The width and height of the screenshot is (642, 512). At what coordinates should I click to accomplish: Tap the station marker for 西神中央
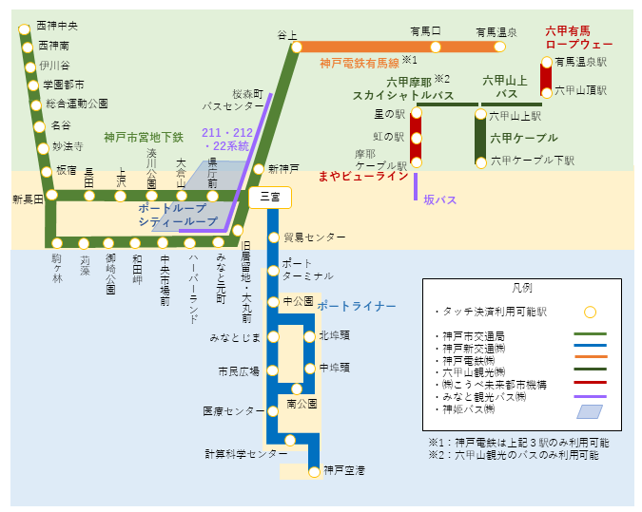[x=25, y=30]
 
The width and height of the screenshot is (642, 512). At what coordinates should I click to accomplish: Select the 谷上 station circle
[x=296, y=47]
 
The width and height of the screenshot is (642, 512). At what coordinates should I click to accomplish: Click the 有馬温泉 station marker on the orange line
[x=500, y=47]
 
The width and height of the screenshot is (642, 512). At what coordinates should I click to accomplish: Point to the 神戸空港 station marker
[x=314, y=470]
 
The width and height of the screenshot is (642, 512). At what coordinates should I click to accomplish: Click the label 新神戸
[x=284, y=168]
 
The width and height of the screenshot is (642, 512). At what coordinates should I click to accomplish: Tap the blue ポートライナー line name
[x=357, y=306]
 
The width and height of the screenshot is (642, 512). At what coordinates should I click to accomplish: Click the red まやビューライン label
[x=363, y=176]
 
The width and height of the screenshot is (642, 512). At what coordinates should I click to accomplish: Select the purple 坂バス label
[x=441, y=199]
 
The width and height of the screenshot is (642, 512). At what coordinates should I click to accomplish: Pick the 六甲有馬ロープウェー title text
[x=578, y=37]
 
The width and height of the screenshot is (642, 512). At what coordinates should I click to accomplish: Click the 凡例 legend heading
[x=522, y=287]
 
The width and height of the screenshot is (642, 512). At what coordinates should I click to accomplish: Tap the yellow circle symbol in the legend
[x=590, y=312]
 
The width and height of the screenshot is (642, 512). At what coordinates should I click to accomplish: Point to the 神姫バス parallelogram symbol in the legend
[x=590, y=411]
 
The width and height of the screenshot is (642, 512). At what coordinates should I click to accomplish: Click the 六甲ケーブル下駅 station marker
[x=480, y=161]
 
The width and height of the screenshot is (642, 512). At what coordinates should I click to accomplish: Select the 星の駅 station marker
[x=415, y=115]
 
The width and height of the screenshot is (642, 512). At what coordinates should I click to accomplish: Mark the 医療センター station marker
[x=273, y=411]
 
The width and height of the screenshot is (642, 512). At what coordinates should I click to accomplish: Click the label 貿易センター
[x=315, y=237]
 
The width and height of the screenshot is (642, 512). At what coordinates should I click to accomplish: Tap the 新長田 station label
[x=28, y=199]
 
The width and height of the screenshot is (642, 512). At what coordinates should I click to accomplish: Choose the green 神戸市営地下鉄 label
[x=144, y=138]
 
